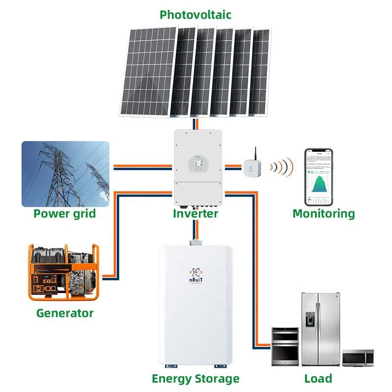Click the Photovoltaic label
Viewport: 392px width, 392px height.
coord(196,15)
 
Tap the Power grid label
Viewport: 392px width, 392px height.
coord(64,214)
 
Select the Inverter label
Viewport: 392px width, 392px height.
coord(195,214)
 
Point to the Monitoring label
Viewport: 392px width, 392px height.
coord(323,214)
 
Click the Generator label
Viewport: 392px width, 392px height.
coord(65,313)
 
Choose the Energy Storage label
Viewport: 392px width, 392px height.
coord(196,379)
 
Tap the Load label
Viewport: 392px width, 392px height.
coord(318,378)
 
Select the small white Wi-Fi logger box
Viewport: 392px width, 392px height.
coord(256,165)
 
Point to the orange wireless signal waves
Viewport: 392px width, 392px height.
coord(282,166)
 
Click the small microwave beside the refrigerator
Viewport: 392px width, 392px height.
coord(358,358)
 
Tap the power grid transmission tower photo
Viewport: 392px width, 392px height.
coord(65,174)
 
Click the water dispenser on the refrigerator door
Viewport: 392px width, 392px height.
coord(310,319)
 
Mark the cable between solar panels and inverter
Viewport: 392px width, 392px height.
coord(196,123)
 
